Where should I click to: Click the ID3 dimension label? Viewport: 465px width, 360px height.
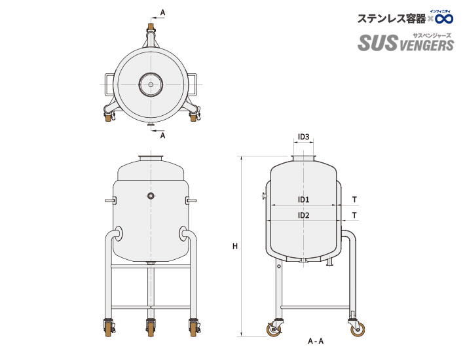[303, 137]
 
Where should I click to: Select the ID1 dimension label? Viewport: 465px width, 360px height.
[303, 200]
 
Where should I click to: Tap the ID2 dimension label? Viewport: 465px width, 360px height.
[303, 215]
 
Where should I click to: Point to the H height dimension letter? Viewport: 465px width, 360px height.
[234, 247]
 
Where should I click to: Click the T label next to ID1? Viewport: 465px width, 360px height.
[354, 200]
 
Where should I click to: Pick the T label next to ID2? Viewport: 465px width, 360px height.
[354, 215]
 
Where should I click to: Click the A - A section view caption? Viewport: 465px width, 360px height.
[316, 341]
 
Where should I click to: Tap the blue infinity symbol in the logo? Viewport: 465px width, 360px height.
[443, 19]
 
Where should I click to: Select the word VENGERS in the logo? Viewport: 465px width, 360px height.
[424, 45]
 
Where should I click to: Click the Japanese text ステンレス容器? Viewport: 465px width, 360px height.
[390, 19]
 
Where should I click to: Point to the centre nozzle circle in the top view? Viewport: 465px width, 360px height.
[151, 84]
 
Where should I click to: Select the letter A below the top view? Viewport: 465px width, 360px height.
[162, 135]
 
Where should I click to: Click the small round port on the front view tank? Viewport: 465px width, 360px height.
[151, 196]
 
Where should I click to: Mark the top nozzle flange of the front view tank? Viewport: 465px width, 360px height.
[151, 158]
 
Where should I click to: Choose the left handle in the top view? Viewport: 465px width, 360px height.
[107, 84]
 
